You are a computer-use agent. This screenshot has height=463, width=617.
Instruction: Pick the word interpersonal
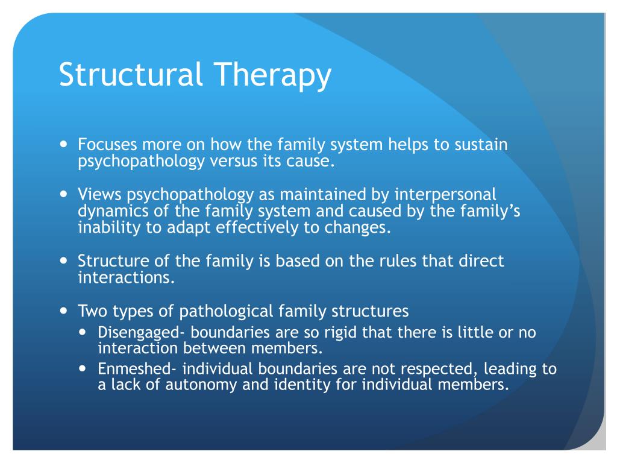[x=445, y=195]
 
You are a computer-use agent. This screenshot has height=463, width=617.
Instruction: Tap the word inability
[x=101, y=228]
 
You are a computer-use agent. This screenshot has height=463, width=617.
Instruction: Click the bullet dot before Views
[x=64, y=195]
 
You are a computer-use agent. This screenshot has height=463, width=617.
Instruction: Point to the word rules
[x=390, y=261]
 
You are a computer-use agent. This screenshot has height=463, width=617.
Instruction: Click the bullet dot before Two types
[x=64, y=311]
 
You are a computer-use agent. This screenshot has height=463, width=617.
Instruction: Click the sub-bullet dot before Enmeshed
[x=86, y=368]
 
